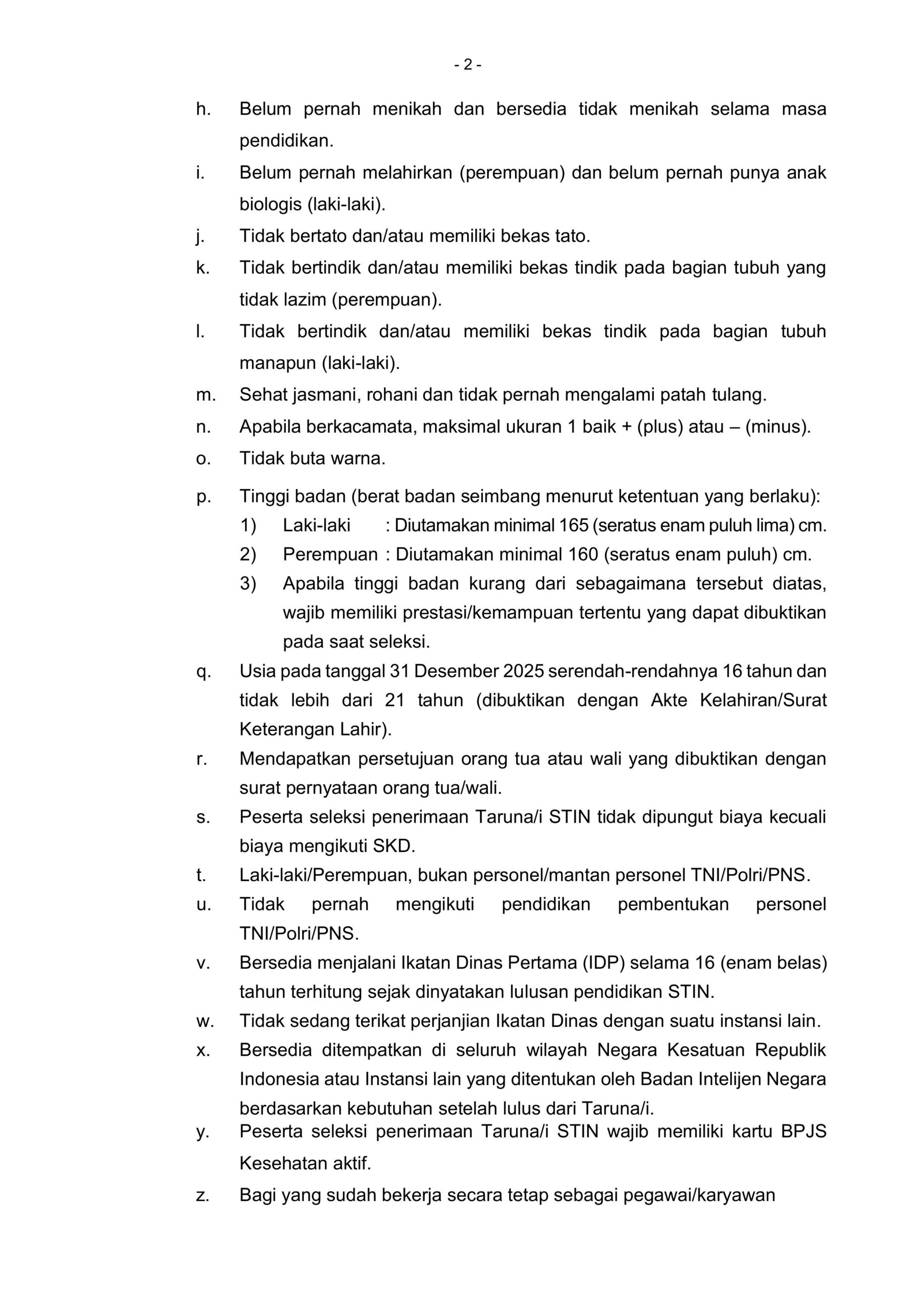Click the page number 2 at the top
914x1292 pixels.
tap(468, 66)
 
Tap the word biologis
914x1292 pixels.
tap(271, 204)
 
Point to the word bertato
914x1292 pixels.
tap(319, 236)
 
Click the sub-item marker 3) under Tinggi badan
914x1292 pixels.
tap(248, 583)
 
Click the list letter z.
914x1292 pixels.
tap(202, 1196)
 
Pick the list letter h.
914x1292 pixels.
tap(202, 109)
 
